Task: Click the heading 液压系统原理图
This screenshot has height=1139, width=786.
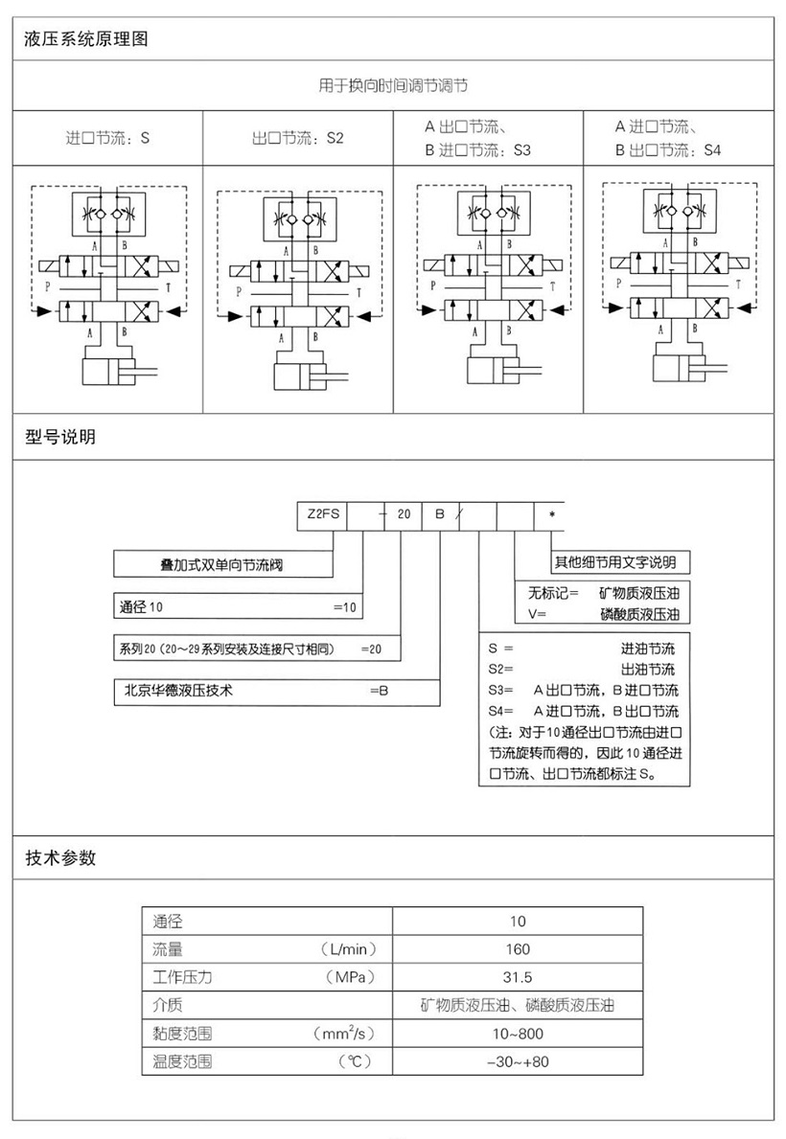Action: (86, 39)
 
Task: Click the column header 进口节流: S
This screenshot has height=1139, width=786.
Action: (107, 138)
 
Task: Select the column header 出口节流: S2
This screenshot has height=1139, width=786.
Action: (297, 138)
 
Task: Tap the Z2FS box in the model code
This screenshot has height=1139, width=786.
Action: (323, 514)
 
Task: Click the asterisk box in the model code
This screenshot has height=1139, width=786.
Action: (552, 515)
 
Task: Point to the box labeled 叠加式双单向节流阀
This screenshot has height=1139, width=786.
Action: (222, 564)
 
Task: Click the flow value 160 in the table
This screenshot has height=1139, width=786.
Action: (518, 949)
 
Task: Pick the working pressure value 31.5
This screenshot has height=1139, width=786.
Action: (518, 978)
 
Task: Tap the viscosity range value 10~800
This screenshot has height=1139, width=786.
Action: (518, 1034)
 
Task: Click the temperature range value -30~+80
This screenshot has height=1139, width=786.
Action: (518, 1062)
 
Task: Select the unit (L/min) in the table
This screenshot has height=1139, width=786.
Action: (349, 949)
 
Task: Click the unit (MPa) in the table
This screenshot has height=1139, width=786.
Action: (351, 978)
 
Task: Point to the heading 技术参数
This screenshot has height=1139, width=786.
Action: (60, 858)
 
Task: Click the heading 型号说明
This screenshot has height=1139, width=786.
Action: (60, 437)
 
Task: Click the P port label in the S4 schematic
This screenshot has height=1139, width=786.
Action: (619, 284)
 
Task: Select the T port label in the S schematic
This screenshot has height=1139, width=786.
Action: (168, 287)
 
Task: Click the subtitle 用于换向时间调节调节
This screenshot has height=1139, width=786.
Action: (393, 85)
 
